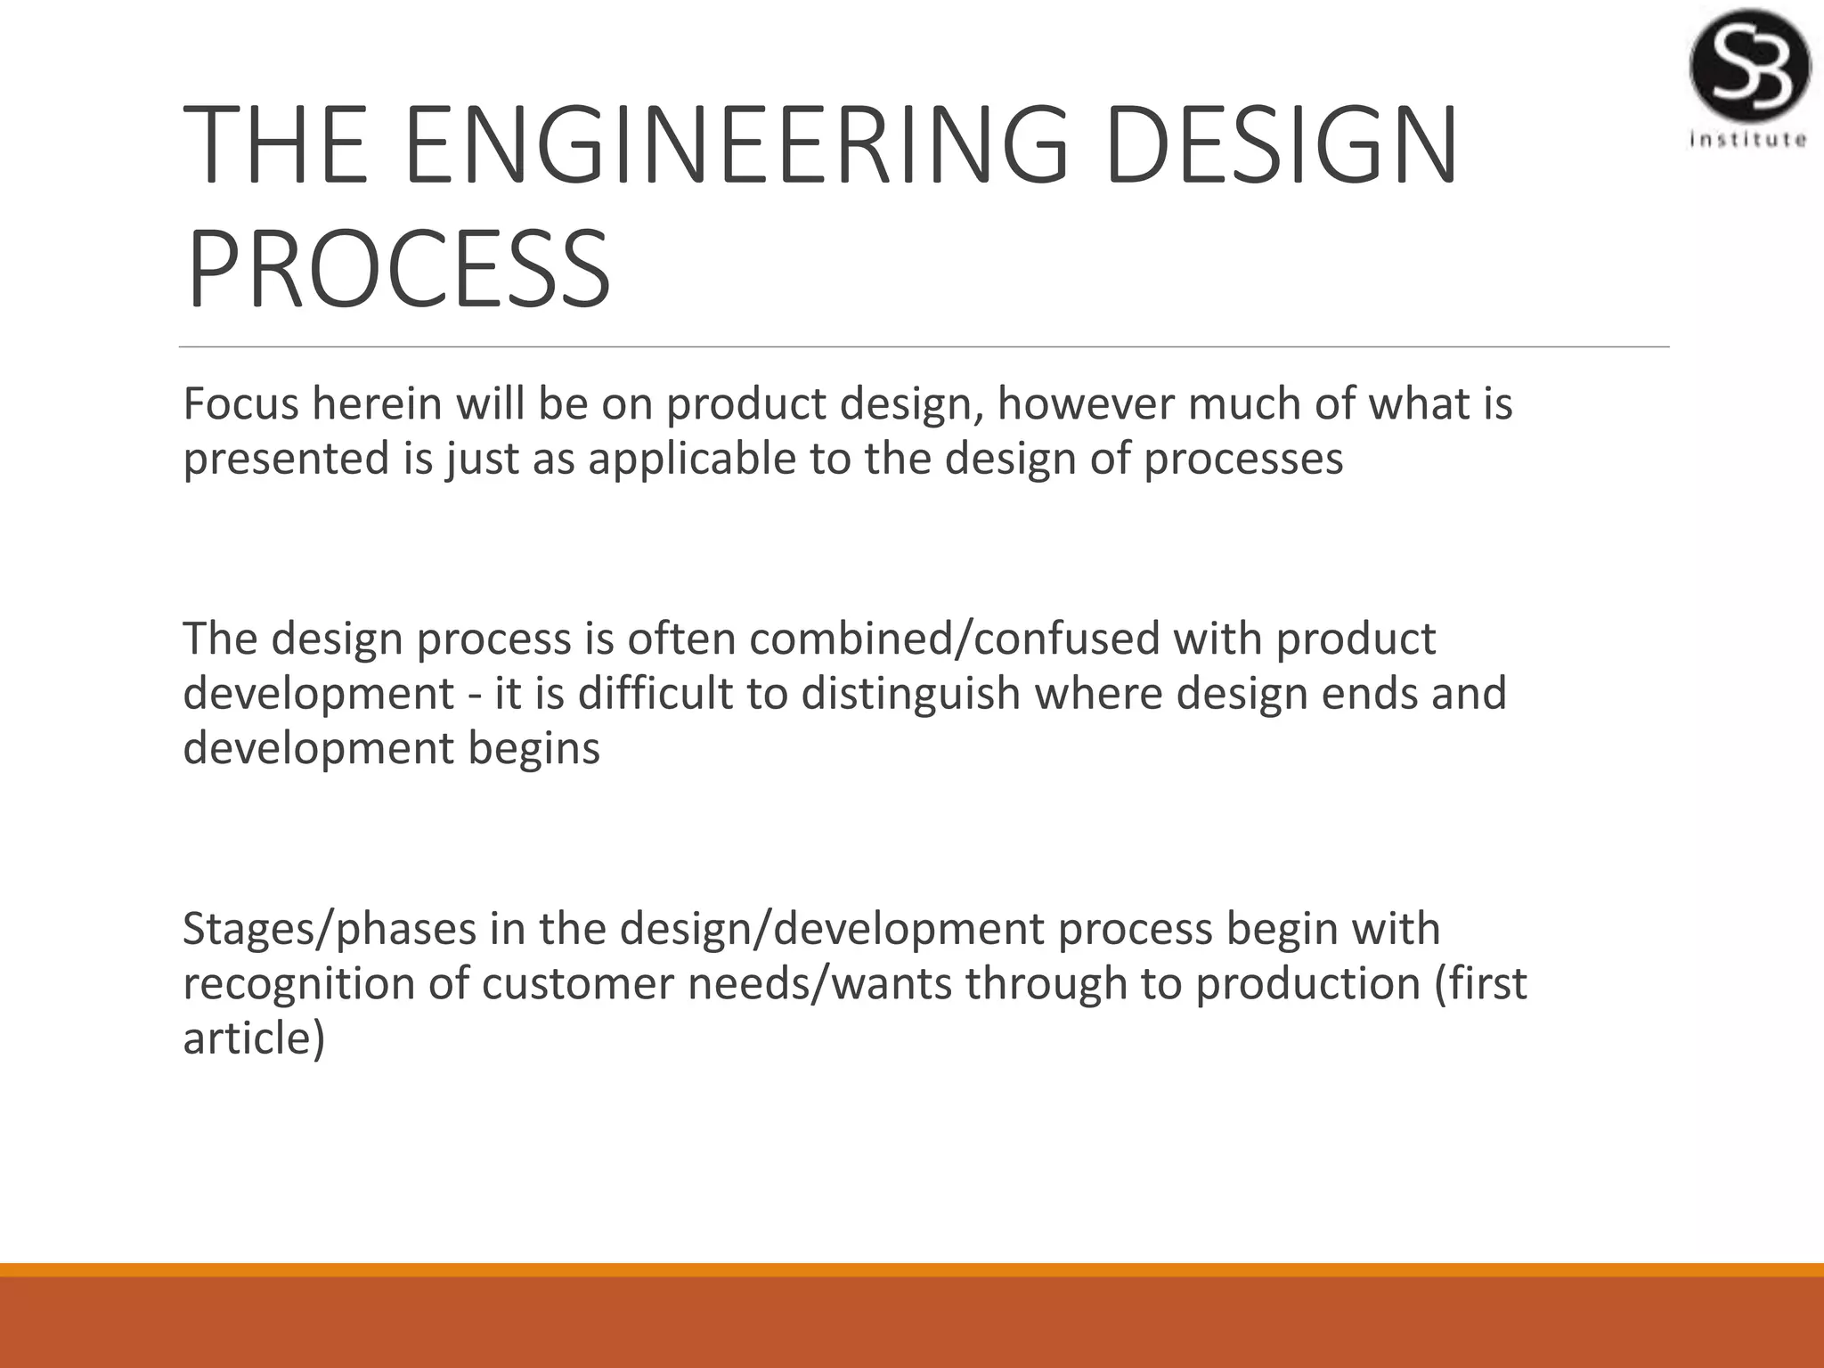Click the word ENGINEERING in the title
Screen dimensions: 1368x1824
[736, 145]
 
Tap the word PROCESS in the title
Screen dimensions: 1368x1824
[398, 269]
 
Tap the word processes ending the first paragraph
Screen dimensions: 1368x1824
[1243, 459]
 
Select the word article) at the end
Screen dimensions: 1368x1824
[254, 1038]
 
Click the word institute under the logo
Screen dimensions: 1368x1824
[1748, 140]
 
